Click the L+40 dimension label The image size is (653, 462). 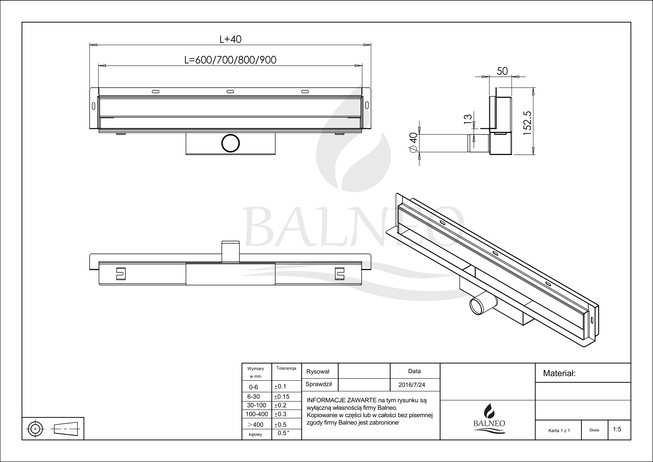pos(230,39)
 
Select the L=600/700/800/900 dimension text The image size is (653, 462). pos(230,60)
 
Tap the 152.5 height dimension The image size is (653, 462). pos(527,123)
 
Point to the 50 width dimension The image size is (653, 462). pos(502,71)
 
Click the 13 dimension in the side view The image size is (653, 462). pos(468,119)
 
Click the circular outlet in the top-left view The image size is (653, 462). pos(230,143)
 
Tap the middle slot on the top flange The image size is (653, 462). pos(230,91)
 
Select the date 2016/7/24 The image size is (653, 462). pos(412,385)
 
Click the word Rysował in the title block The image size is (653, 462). pos(318,371)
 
